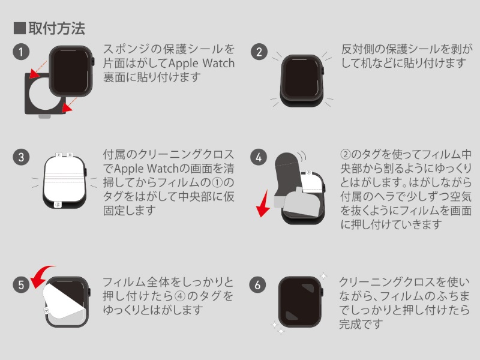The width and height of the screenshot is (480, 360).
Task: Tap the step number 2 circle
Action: (259, 52)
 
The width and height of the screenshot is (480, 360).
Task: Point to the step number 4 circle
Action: (259, 158)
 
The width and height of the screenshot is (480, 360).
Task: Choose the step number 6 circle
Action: (259, 285)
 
